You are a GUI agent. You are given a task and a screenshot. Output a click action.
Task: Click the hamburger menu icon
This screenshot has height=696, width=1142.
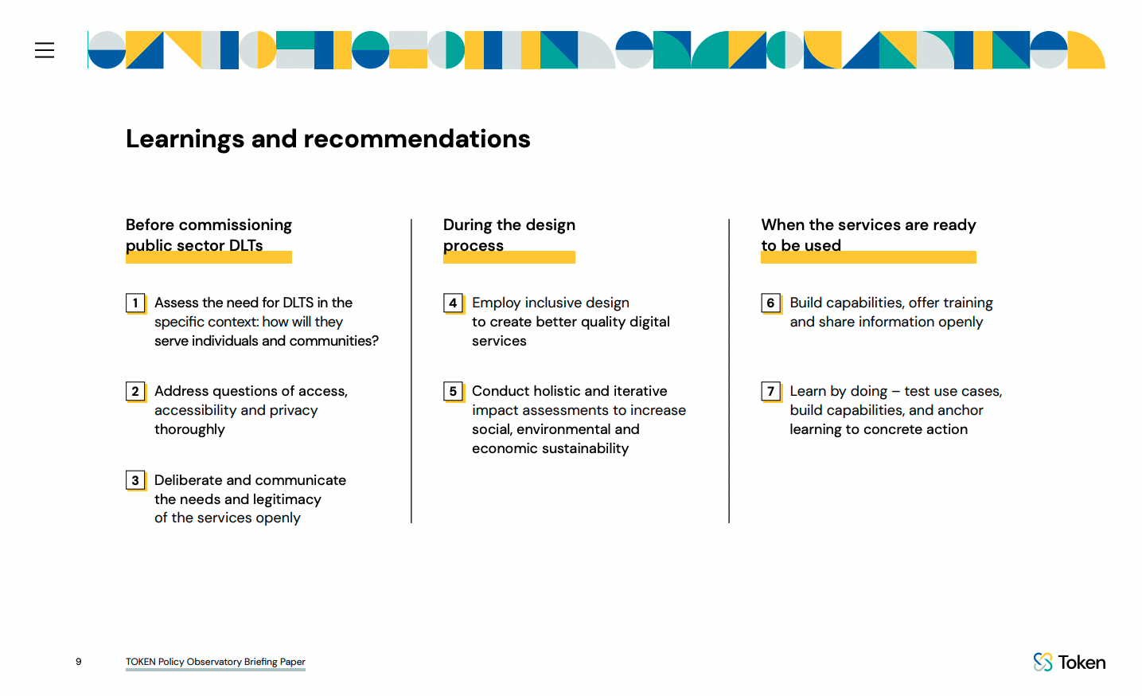tap(45, 50)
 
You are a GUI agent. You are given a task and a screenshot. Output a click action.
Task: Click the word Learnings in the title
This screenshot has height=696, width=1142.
tap(185, 139)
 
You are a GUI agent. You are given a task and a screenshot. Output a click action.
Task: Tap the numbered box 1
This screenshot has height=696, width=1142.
tap(135, 303)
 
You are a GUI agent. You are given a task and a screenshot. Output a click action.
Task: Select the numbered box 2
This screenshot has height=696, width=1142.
tap(135, 391)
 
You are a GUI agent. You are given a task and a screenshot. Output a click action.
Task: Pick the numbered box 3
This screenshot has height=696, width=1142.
tap(135, 481)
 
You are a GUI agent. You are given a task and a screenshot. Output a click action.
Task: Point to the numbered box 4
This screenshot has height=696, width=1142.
tap(454, 303)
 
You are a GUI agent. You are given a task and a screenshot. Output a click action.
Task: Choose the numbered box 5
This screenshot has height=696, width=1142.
tap(454, 391)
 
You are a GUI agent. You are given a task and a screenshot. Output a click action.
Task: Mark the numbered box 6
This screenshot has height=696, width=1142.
tap(771, 303)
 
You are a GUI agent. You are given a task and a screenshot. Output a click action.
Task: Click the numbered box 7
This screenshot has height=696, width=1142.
tap(771, 391)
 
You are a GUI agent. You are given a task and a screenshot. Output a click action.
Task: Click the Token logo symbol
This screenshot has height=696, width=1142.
tap(1043, 662)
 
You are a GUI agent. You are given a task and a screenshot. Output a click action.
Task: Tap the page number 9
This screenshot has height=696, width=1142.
tap(79, 661)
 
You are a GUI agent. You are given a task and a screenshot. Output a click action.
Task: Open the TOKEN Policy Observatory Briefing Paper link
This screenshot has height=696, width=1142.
tap(216, 662)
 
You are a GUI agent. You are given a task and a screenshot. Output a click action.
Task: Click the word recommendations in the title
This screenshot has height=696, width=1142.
tap(417, 139)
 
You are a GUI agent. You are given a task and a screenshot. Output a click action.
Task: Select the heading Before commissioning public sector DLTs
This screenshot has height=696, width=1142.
tap(209, 235)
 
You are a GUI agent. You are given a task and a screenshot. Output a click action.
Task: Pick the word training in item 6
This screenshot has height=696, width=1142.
tap(965, 303)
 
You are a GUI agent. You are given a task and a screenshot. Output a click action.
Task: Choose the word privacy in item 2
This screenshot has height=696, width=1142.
tap(294, 411)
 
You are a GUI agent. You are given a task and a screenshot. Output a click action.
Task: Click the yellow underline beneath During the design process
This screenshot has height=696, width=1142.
tap(509, 257)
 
